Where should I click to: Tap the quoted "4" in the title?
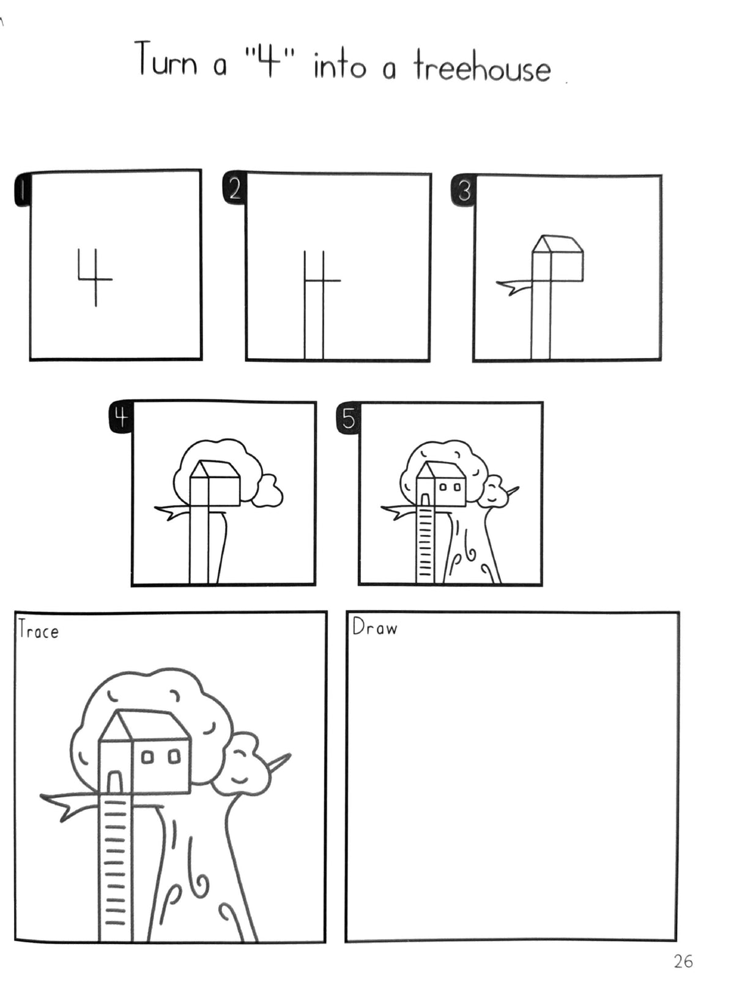pos(267,61)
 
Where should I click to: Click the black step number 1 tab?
pos(21,190)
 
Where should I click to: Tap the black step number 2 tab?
pos(234,188)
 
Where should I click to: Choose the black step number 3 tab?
pos(464,190)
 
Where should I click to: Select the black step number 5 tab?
pos(348,418)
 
